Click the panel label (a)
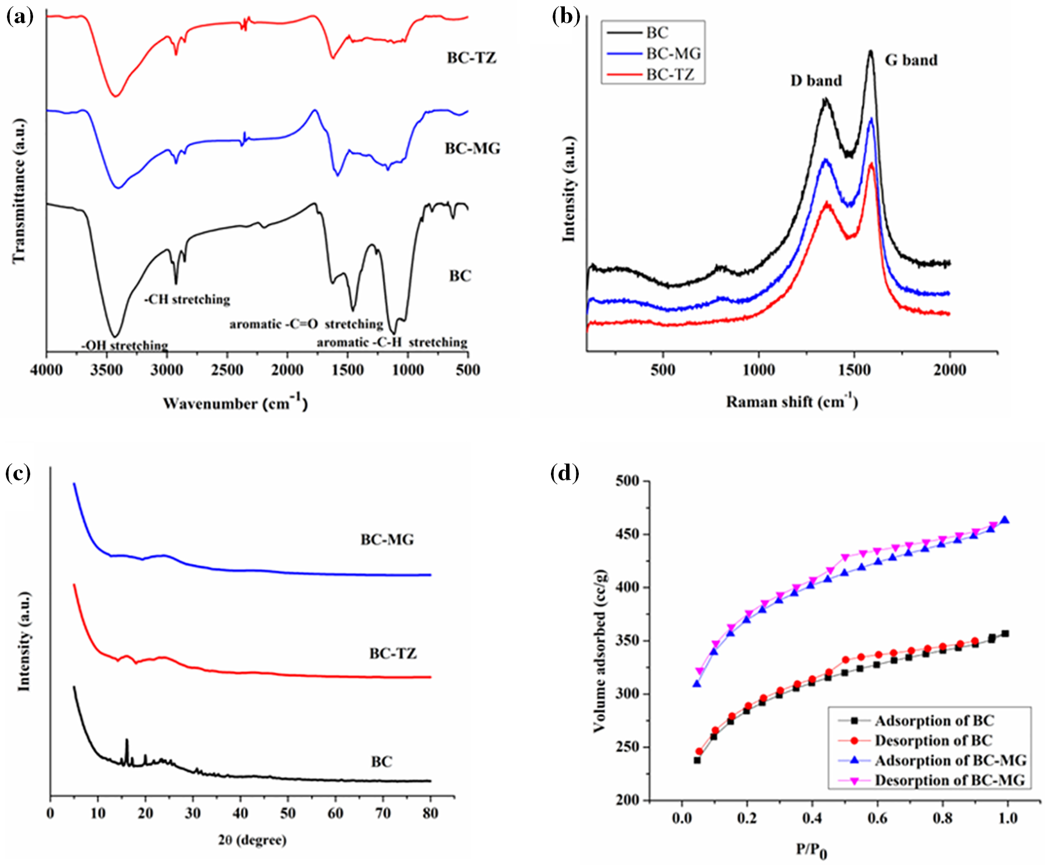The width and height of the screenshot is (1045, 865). pos(20,16)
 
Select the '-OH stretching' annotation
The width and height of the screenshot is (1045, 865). pos(124,346)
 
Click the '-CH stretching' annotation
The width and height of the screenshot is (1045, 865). pos(187,300)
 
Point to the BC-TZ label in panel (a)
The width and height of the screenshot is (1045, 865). pos(471,58)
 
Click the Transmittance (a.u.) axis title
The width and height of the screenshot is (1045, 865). pos(20,191)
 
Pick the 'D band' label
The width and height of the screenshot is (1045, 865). pos(816,81)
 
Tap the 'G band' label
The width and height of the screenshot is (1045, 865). pos(911,60)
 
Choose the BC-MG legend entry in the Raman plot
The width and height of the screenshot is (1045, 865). pos(673,53)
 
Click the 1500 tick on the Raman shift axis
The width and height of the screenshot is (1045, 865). pos(854,370)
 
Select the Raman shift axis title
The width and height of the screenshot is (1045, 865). pos(792,401)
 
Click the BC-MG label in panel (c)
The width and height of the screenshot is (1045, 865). pos(387,540)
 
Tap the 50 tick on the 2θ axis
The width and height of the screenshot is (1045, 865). pos(288,813)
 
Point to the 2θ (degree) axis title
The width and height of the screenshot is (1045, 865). pos(252,840)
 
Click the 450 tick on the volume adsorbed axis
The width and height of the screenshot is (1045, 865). pos(628,534)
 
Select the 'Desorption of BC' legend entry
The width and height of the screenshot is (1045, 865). pos(933,741)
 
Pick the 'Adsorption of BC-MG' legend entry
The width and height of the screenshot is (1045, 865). pos(950,760)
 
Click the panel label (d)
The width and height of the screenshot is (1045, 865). pos(564,473)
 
